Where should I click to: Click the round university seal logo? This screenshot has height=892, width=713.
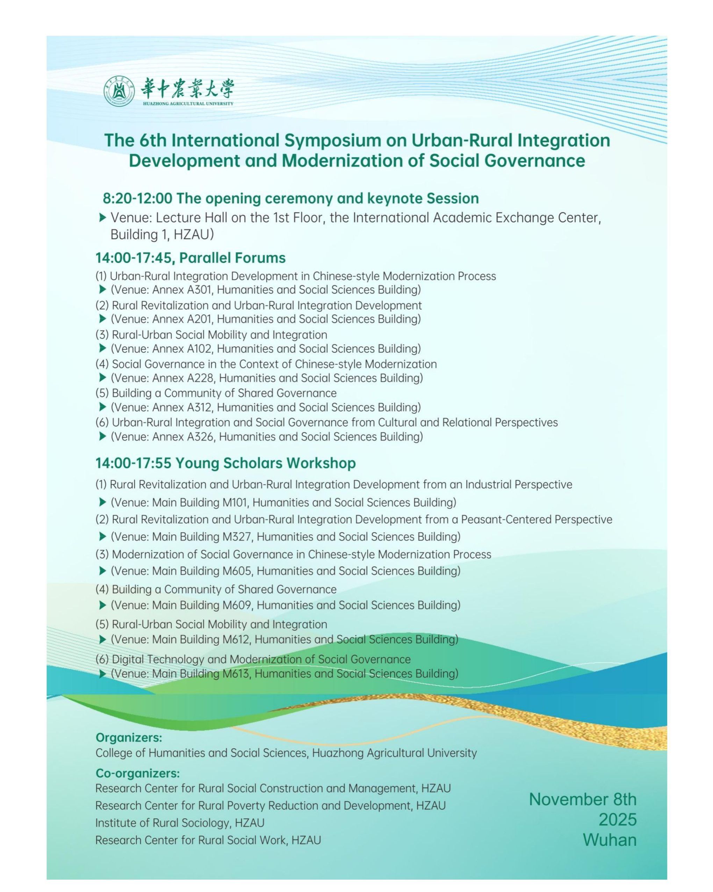tap(120, 93)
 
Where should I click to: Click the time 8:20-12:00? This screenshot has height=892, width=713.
tap(137, 199)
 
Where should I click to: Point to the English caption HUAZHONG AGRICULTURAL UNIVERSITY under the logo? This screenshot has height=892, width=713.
tap(188, 104)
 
